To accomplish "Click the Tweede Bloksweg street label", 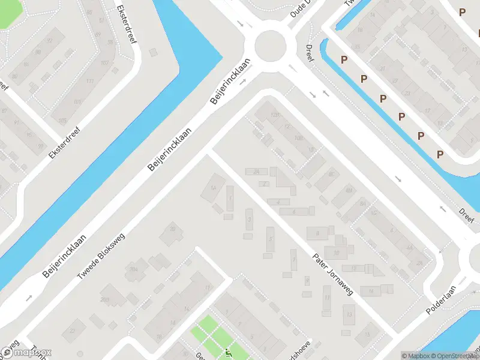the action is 101,256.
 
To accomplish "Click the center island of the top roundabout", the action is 269,45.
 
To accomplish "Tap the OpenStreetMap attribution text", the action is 453,356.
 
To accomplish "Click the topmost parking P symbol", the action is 462,12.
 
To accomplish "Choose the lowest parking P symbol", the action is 440,155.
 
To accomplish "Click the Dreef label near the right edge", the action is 466,215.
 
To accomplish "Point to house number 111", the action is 91,82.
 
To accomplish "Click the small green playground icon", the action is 227,353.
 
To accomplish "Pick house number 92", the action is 50,41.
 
